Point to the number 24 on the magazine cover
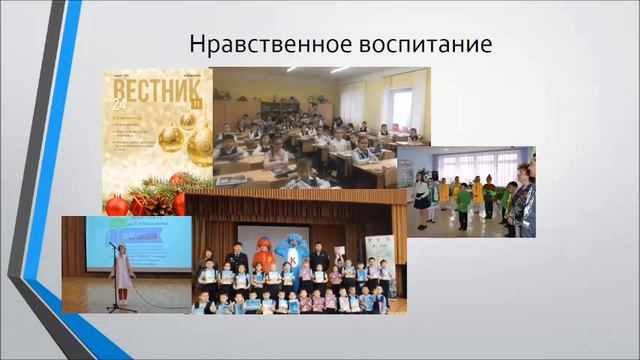[119, 105]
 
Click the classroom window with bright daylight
[401, 107]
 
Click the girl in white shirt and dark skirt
[424, 194]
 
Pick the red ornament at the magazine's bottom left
[116, 204]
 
